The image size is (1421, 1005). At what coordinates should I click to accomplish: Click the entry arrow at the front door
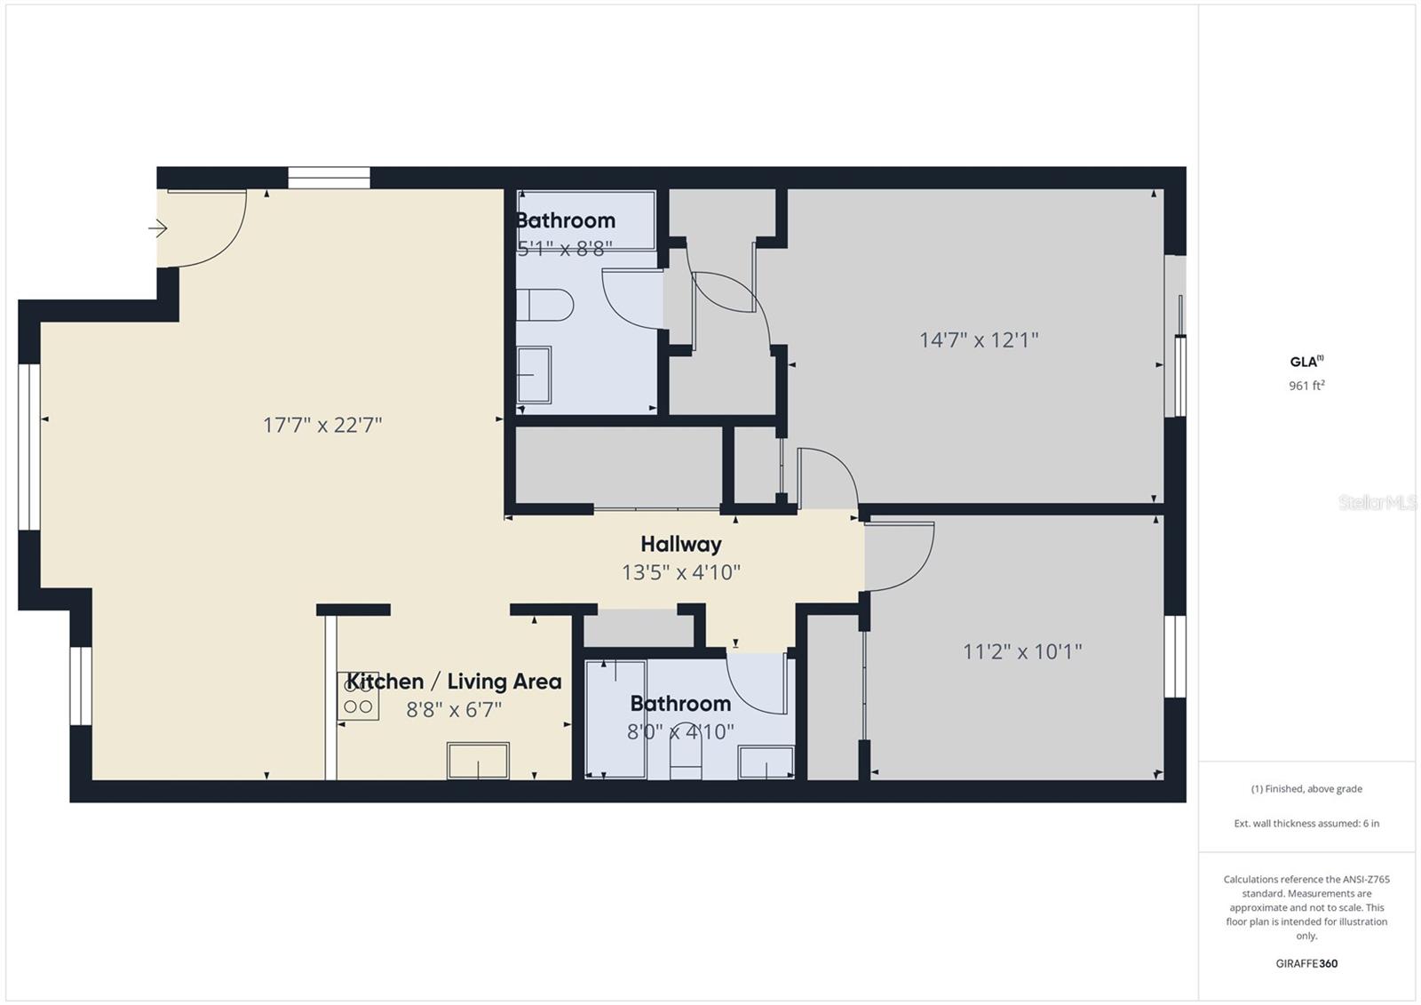click(158, 227)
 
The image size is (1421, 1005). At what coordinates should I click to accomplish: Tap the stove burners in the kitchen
click(358, 696)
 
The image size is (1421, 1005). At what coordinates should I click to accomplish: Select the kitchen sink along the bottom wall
click(478, 761)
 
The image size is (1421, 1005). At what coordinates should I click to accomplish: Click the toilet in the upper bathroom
click(545, 305)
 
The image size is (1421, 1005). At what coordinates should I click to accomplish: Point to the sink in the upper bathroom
click(534, 375)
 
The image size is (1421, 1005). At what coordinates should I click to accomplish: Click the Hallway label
click(680, 544)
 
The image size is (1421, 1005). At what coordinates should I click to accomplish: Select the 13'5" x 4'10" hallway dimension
click(680, 572)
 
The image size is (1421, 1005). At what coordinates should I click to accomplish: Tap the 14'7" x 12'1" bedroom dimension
click(979, 340)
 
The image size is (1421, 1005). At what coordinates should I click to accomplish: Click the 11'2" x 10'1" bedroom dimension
click(1022, 651)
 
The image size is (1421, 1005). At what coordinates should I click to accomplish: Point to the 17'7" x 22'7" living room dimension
click(322, 425)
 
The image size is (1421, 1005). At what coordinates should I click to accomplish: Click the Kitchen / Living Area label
click(454, 682)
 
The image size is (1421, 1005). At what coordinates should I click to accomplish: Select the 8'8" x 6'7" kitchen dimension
click(454, 709)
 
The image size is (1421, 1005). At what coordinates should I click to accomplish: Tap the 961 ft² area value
click(1306, 386)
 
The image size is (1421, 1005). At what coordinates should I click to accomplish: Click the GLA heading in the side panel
click(1306, 362)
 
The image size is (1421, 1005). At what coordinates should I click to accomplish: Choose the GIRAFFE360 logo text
click(1306, 963)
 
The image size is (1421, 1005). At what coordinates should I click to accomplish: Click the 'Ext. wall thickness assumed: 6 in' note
click(1306, 824)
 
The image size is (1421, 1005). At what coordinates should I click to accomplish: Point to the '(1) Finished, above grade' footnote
click(1306, 788)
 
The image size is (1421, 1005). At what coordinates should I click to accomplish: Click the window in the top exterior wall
click(329, 178)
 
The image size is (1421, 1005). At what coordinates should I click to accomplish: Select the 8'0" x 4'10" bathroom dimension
click(680, 732)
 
